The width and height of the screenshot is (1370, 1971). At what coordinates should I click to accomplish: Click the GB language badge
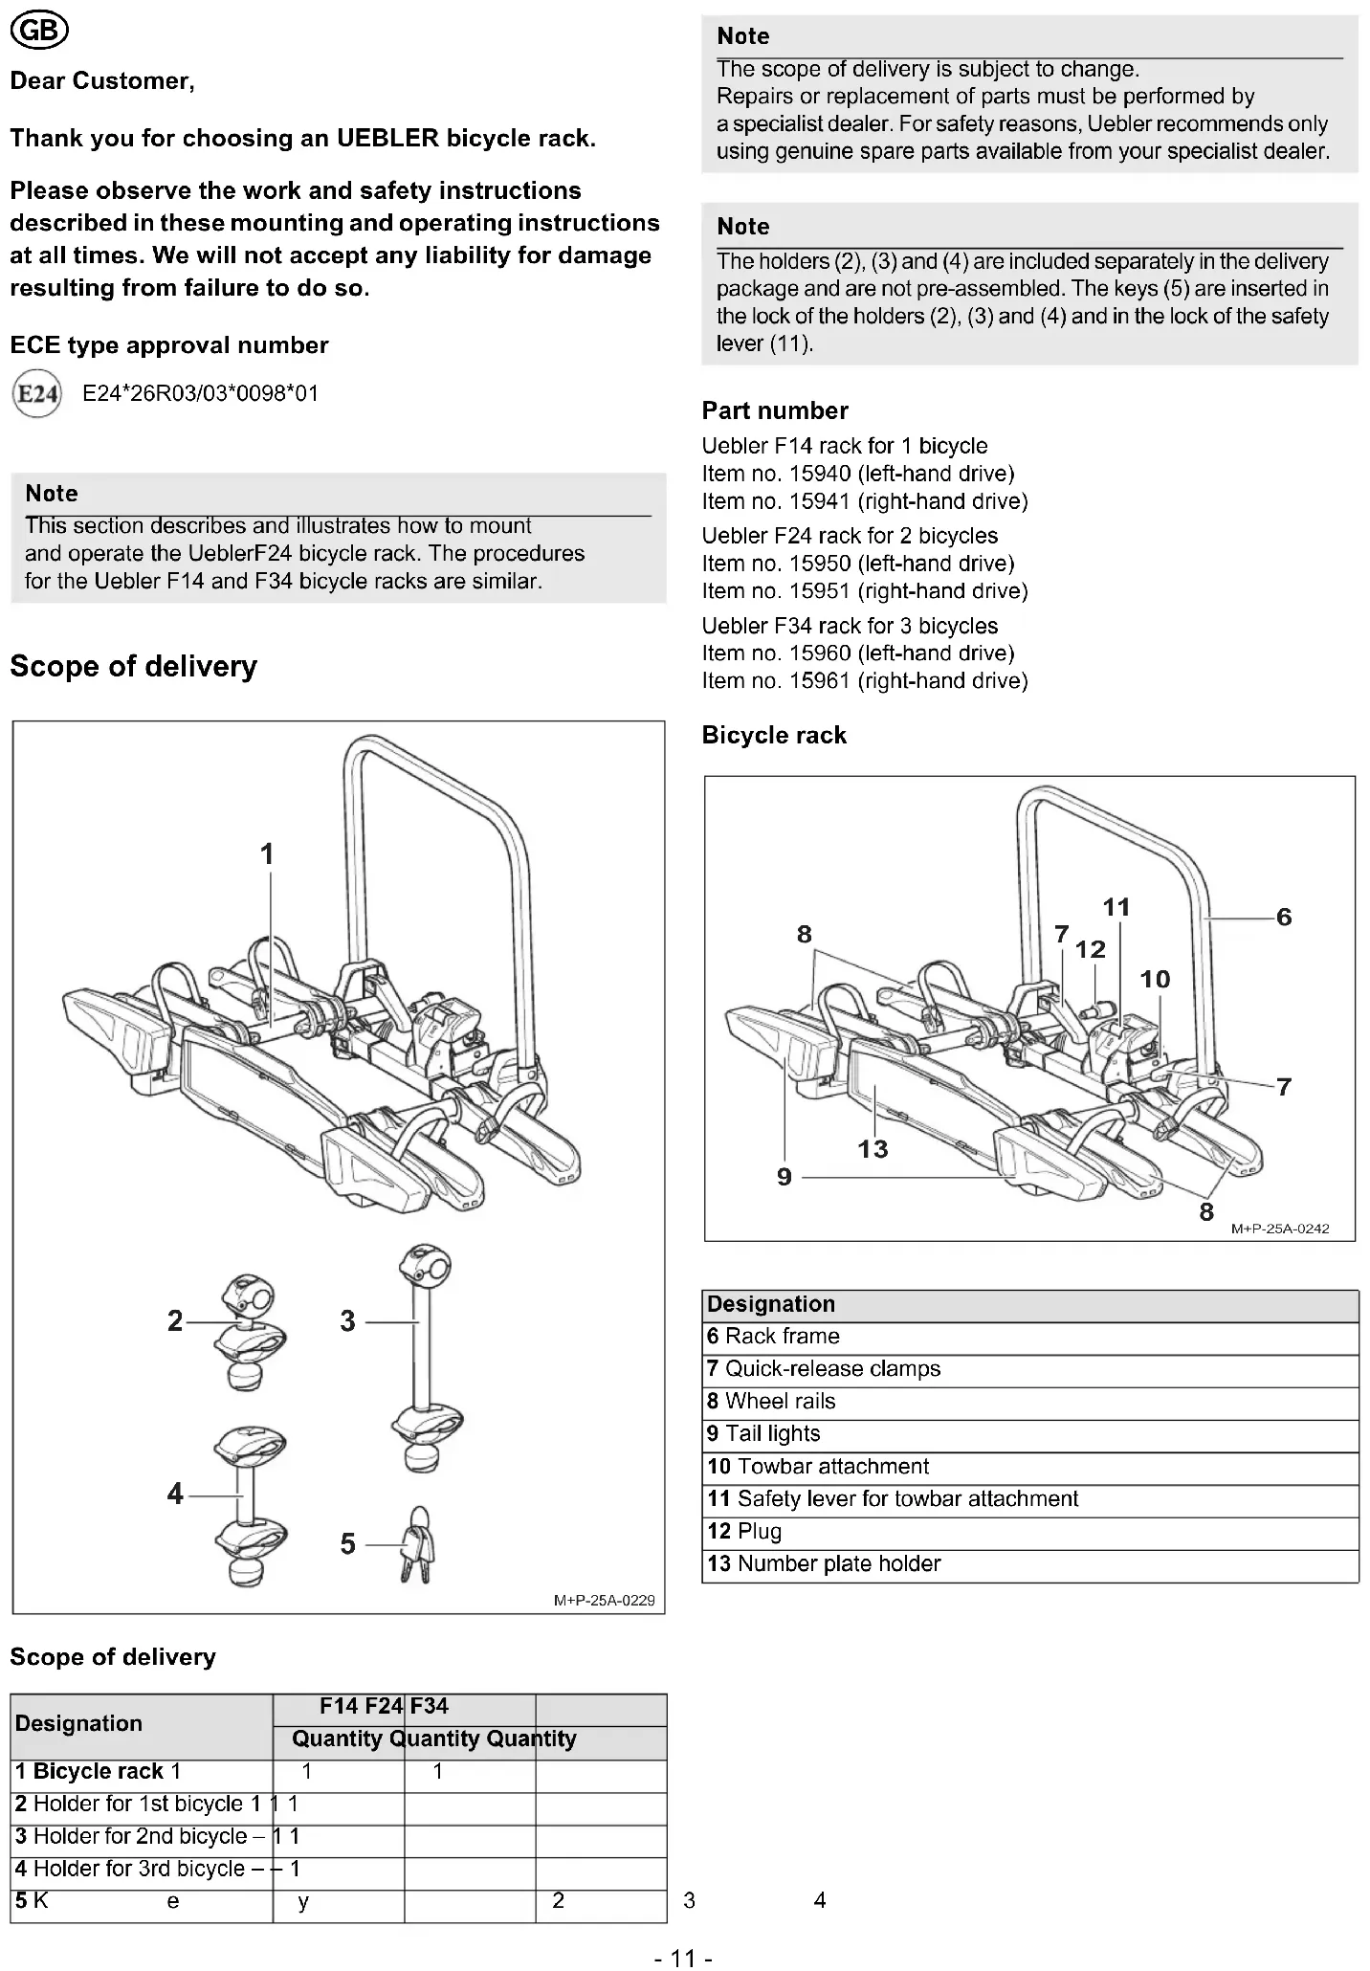(x=39, y=33)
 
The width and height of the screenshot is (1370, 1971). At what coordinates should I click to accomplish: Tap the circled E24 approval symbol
(x=37, y=394)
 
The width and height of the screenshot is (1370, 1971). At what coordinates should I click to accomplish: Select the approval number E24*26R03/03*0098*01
(x=200, y=394)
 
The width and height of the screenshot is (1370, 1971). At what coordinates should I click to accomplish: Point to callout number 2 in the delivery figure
(x=175, y=1321)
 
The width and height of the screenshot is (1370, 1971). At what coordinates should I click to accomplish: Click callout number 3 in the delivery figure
(x=347, y=1321)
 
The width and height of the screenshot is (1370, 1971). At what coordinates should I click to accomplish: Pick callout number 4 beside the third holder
(x=175, y=1494)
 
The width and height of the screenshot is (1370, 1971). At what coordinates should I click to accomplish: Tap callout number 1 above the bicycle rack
(x=268, y=853)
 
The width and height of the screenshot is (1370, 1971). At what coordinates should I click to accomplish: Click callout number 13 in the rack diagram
(x=873, y=1149)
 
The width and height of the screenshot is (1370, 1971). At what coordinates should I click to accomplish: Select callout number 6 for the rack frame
(x=1284, y=918)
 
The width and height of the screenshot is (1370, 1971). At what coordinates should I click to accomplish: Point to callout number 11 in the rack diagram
(x=1116, y=907)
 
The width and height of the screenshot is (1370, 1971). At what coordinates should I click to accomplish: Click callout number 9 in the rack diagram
(x=784, y=1177)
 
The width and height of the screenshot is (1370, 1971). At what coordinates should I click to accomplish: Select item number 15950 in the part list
(x=857, y=564)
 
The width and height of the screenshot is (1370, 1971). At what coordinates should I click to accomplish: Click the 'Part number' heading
(x=775, y=411)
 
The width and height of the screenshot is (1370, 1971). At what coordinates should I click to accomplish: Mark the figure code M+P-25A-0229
(x=605, y=1601)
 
